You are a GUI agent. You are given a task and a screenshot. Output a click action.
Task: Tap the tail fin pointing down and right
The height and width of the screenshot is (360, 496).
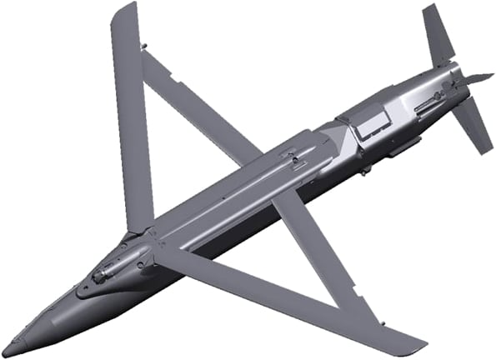pos(474,125)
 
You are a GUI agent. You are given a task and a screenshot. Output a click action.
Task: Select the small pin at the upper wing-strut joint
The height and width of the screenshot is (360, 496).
pos(144,46)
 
